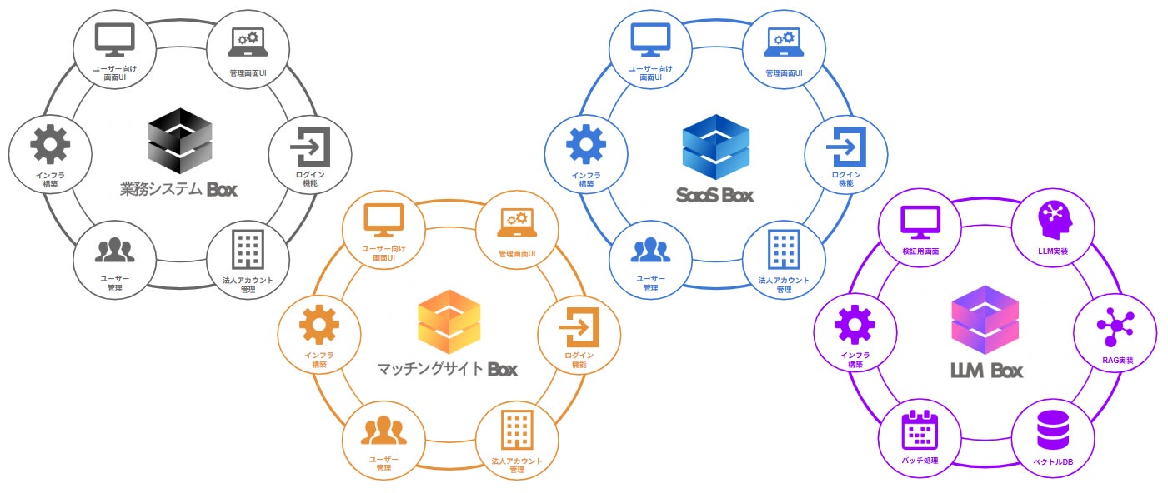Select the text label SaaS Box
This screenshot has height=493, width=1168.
[x=715, y=195]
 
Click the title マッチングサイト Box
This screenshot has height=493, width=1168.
[x=448, y=368]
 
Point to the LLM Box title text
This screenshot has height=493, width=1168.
[x=987, y=370]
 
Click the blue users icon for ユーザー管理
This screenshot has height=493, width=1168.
[x=651, y=249]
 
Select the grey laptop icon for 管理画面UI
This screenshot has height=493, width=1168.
[x=248, y=40]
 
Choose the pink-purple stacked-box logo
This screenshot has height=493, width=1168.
[x=985, y=321]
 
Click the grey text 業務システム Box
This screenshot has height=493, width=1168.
[x=178, y=189]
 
